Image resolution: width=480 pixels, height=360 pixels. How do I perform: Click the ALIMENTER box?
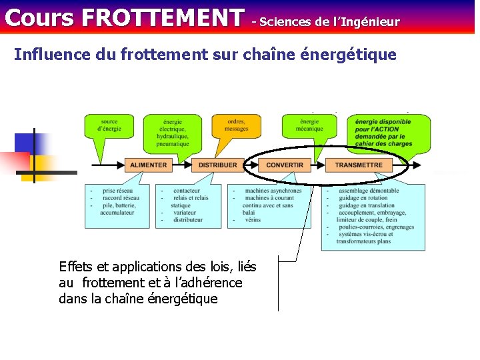pos(149,165)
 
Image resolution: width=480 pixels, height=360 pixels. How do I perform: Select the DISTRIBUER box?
pos(217,165)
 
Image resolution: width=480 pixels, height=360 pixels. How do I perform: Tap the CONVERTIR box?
pos(285,165)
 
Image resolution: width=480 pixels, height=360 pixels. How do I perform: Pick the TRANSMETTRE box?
pos(359,165)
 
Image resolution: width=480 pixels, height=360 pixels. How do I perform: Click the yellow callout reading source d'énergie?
pos(109,126)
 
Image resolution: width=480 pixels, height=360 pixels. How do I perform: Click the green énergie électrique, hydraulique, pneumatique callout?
pos(173,132)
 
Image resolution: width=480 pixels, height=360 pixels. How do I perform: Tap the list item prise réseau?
pos(118,191)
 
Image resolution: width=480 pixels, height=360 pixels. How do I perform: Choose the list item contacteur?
pos(187,191)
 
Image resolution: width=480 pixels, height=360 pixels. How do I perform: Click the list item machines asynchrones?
pos(273,191)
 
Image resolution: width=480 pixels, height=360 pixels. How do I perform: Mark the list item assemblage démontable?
pos(369,191)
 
